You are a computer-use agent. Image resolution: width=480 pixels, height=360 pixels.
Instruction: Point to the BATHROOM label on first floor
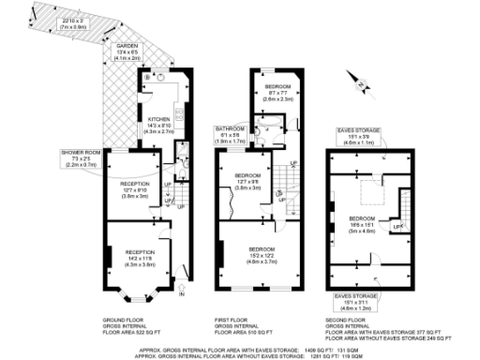(231, 128)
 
